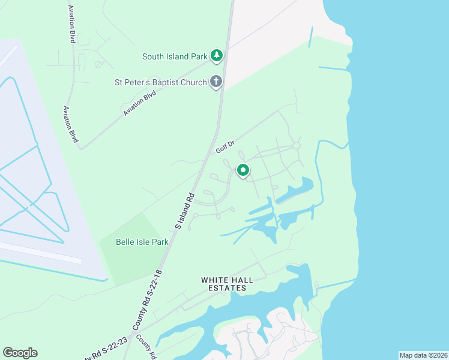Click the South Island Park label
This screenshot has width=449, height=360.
175,57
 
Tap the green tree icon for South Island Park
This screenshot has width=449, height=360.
217,56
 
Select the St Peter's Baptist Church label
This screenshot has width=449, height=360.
161,82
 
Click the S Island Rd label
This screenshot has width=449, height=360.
185,209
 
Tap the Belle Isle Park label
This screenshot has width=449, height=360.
142,242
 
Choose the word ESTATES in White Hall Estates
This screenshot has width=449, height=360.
224,289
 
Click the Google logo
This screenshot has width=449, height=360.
20,353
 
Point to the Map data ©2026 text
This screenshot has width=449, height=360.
423,355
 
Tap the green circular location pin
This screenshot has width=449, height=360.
243,170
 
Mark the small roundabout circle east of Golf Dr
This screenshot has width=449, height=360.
296,146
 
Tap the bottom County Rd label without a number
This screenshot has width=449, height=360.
146,347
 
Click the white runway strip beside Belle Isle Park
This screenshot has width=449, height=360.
42,252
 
